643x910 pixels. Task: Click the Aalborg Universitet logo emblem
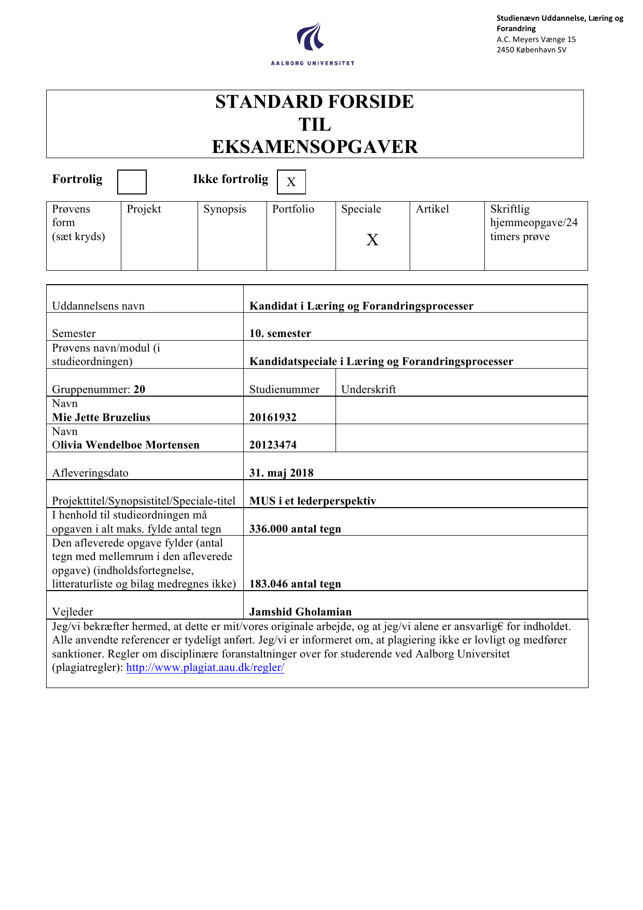tap(311, 37)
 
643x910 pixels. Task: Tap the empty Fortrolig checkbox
tap(132, 182)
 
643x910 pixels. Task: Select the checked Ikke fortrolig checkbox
tap(291, 182)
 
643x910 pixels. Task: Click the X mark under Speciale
tap(372, 240)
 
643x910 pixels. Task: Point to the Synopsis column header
tap(225, 209)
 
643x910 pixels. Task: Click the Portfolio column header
tap(293, 209)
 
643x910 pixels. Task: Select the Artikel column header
tap(432, 209)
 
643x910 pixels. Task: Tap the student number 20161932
tap(273, 417)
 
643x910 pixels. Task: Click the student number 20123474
tap(273, 445)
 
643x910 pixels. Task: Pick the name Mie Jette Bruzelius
tap(101, 417)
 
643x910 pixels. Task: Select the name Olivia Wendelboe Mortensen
tap(125, 445)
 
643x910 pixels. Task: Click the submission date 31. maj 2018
tap(281, 473)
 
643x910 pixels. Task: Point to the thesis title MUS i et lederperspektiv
tap(312, 501)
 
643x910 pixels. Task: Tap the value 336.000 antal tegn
tap(295, 529)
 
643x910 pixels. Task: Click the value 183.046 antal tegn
tap(295, 584)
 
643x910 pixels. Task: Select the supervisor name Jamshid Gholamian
tap(300, 612)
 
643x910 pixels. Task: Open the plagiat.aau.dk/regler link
tap(205, 667)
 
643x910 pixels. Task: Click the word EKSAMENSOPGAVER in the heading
tap(315, 147)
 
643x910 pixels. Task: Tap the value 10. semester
tap(280, 333)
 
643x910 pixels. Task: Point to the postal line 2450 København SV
tap(531, 50)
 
